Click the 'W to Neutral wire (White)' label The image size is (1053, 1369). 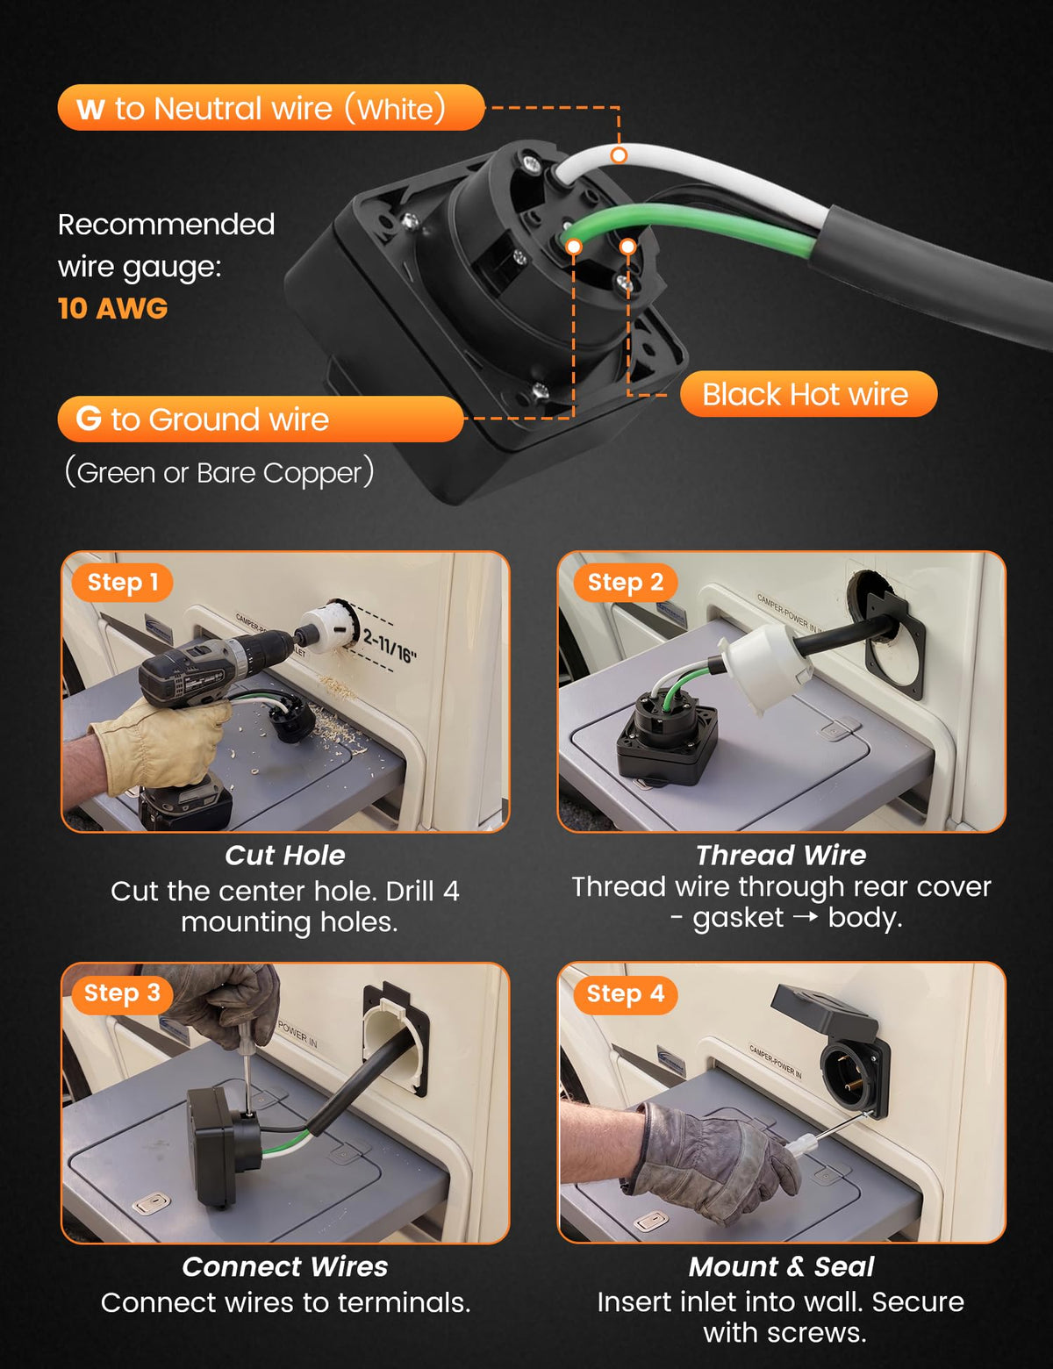271,108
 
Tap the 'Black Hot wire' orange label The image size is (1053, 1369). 809,394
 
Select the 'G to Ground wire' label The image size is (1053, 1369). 260,419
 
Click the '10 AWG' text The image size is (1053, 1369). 112,308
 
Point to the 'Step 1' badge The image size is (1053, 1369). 122,582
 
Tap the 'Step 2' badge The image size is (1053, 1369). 626,582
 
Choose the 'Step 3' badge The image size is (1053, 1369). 122,993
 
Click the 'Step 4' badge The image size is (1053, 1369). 626,993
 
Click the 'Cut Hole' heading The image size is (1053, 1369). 285,855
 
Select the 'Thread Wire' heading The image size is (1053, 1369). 781,855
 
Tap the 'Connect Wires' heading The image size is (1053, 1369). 285,1266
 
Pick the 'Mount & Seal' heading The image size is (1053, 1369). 782,1266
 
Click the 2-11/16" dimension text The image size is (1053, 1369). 390,647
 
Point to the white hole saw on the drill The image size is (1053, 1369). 327,624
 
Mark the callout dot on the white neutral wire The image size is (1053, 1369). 620,155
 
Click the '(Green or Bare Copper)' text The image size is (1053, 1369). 219,472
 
